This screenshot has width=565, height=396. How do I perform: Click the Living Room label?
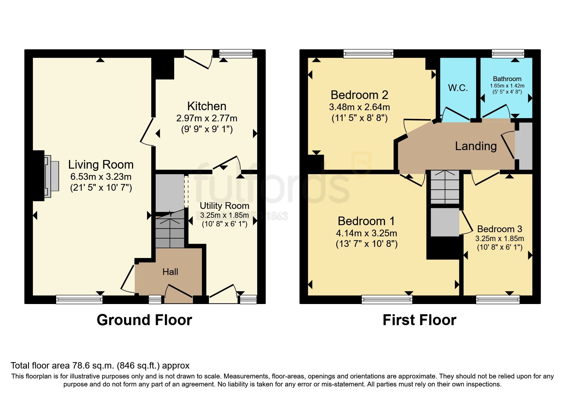point(101,165)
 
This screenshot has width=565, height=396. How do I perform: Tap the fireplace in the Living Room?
point(51,177)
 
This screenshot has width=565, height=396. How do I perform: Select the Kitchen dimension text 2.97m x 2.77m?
point(207,118)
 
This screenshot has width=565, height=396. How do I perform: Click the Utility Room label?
point(224,206)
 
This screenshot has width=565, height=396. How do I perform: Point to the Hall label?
point(170,272)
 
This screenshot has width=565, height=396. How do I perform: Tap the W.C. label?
point(458,88)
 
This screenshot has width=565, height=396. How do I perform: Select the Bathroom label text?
point(507,79)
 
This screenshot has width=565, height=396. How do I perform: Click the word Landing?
point(476,146)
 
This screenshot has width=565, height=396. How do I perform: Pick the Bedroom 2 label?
point(359,95)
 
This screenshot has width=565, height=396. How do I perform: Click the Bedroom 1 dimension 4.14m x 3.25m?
point(366,233)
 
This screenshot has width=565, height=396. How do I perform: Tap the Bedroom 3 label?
point(499,229)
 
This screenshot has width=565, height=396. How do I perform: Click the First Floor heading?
point(419,320)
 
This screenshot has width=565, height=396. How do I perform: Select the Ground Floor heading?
point(144,320)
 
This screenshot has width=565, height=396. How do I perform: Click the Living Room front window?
point(79,299)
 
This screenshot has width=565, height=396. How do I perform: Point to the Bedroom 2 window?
point(368,53)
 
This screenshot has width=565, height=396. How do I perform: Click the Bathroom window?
point(508,53)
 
